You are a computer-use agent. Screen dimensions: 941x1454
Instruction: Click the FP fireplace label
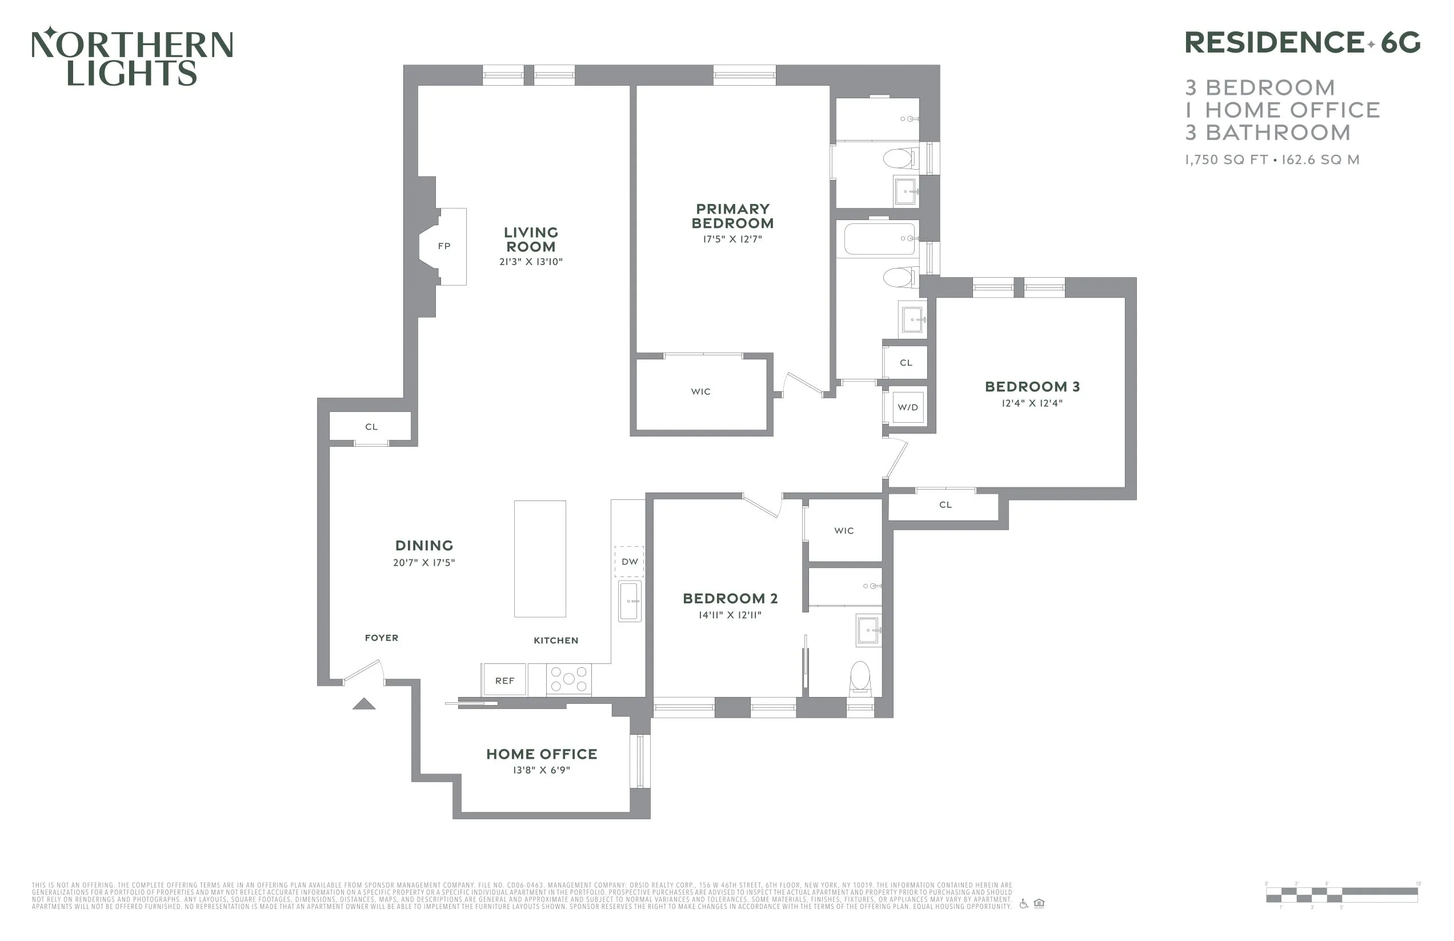point(444,246)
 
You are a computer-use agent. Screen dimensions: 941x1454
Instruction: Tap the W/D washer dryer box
point(907,407)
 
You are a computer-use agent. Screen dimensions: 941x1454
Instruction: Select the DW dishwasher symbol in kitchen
point(629,562)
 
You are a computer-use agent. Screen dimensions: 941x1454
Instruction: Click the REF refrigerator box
point(504,680)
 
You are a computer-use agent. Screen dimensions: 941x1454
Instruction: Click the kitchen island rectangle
point(539,559)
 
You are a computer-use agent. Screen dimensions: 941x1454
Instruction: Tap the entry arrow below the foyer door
point(364,704)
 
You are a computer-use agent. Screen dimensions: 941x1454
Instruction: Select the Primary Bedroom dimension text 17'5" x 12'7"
point(732,239)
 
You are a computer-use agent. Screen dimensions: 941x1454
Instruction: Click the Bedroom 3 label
point(1032,387)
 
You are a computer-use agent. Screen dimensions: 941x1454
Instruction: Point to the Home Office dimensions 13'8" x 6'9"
point(541,771)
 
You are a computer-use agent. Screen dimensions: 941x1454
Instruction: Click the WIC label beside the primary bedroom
point(701,392)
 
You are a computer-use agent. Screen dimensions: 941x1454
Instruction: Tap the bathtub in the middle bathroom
point(879,239)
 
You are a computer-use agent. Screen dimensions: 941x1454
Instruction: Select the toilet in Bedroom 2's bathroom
point(860,678)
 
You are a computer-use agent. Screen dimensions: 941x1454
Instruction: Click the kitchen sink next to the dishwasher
point(630,601)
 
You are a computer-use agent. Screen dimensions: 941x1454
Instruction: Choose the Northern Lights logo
point(133,56)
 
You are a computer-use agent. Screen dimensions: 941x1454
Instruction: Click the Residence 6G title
point(1302,43)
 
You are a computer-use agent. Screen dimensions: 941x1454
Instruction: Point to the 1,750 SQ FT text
point(1226,160)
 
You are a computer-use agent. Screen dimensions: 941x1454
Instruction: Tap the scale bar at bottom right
point(1341,895)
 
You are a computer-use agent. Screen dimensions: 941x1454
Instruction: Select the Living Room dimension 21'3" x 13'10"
point(530,262)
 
